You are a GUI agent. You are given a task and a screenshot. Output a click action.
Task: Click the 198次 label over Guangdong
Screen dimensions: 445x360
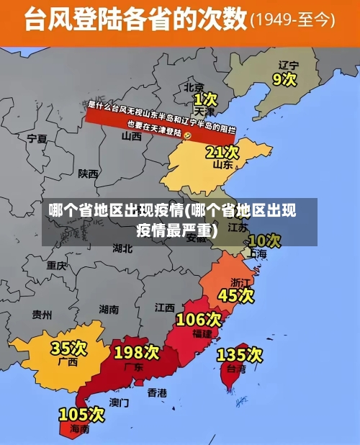click(137, 352)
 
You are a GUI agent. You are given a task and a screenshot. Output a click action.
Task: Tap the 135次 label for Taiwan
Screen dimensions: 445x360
click(240, 354)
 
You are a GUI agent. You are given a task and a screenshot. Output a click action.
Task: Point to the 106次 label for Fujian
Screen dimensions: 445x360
click(199, 319)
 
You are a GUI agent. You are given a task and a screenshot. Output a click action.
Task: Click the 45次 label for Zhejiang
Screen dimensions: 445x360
click(236, 295)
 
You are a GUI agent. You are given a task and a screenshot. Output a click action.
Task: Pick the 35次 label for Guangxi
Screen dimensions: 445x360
click(68, 349)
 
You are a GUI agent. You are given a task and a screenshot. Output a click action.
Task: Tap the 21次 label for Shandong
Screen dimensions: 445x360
click(222, 152)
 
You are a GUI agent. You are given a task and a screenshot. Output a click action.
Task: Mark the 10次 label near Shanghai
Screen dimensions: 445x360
click(264, 240)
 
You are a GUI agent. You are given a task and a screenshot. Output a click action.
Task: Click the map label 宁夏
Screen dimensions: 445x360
click(37, 138)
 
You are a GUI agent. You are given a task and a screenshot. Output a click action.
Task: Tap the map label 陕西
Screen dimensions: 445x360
click(89, 174)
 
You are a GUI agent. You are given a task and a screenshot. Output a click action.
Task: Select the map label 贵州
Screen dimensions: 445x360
click(42, 315)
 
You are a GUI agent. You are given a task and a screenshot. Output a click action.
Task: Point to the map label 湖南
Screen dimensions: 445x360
click(109, 310)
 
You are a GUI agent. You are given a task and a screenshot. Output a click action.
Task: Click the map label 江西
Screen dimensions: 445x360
click(164, 307)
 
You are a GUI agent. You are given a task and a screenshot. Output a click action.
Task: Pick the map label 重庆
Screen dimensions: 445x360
click(57, 265)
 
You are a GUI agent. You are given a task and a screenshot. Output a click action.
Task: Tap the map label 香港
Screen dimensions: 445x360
click(157, 392)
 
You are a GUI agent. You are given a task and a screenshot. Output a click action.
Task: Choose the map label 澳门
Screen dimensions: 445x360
click(120, 402)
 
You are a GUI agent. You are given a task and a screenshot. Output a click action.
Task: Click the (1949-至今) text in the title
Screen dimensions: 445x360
click(292, 20)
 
